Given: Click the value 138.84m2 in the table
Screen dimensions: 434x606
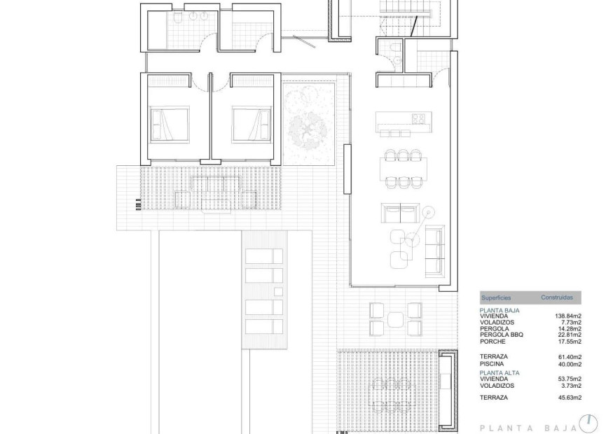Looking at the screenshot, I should pyautogui.click(x=568, y=316).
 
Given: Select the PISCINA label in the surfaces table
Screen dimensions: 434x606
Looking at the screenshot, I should pyautogui.click(x=493, y=364).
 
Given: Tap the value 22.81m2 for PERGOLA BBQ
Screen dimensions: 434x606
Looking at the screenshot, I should pyautogui.click(x=568, y=335).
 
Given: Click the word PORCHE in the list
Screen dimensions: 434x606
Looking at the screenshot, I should pyautogui.click(x=494, y=341).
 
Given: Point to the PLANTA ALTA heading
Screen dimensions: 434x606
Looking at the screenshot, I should pyautogui.click(x=500, y=372).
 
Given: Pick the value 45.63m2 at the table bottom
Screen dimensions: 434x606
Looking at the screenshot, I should pyautogui.click(x=568, y=398).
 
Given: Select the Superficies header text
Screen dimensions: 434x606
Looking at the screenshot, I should pyautogui.click(x=496, y=297).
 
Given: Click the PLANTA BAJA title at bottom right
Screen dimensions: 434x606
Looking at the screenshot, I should pyautogui.click(x=526, y=426).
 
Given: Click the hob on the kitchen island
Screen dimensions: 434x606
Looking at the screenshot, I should pyautogui.click(x=420, y=117).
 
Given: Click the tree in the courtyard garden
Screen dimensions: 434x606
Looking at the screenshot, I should pyautogui.click(x=308, y=129).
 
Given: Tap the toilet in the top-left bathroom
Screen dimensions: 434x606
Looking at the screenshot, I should pyautogui.click(x=179, y=16).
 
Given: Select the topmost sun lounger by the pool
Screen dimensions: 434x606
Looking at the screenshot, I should pyautogui.click(x=263, y=255).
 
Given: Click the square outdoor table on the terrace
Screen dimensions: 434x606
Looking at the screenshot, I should pyautogui.click(x=395, y=318).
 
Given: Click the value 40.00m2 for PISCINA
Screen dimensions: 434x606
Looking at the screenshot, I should pyautogui.click(x=568, y=364).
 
